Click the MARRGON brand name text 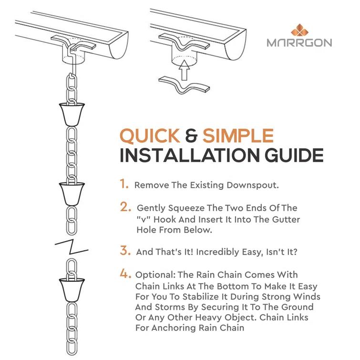(299, 42)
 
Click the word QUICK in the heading (150, 136)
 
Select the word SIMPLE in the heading (238, 136)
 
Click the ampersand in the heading (192, 137)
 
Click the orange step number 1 (124, 184)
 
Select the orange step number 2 (125, 207)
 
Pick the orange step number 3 (125, 250)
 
